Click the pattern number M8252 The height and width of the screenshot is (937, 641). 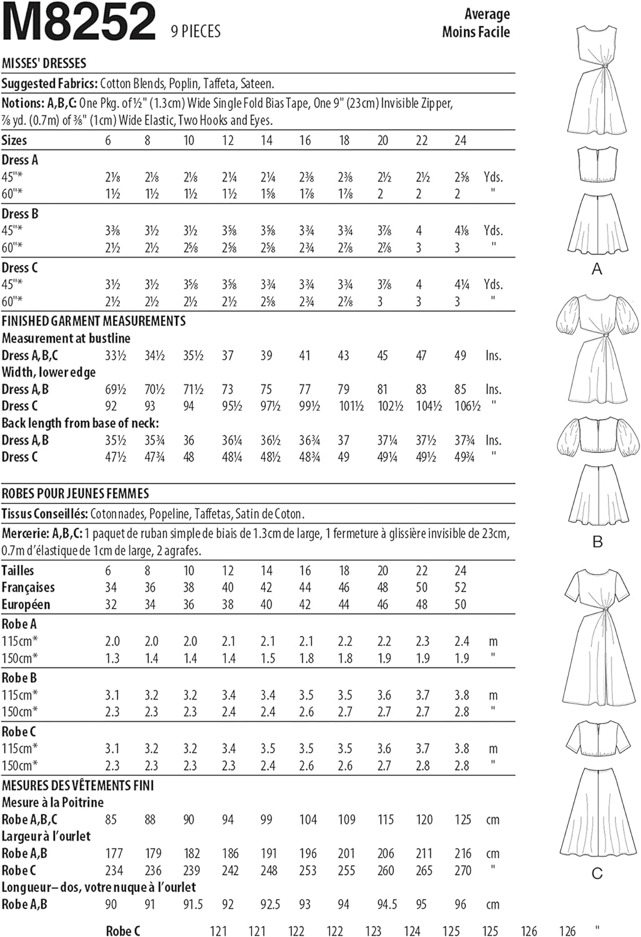click(79, 22)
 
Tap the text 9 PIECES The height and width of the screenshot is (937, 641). click(195, 31)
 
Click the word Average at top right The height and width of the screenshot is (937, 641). click(487, 14)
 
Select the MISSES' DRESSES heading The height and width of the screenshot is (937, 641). click(44, 63)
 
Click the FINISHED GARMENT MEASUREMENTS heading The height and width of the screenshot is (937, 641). click(94, 321)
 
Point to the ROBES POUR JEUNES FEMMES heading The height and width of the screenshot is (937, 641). click(76, 493)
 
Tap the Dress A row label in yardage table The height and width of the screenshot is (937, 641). click(20, 160)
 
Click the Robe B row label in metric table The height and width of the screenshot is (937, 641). click(19, 678)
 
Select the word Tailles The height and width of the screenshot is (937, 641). click(17, 570)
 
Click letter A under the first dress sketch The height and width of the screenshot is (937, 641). click(597, 269)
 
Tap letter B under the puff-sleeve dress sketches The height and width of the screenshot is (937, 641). click(597, 542)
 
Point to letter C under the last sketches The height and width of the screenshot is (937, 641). click(597, 873)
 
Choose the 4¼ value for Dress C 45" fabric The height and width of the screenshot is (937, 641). click(462, 285)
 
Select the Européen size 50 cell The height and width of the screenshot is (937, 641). click(461, 605)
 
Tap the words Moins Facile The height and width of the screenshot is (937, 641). click(476, 32)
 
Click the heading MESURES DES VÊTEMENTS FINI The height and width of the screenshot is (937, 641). click(77, 785)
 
